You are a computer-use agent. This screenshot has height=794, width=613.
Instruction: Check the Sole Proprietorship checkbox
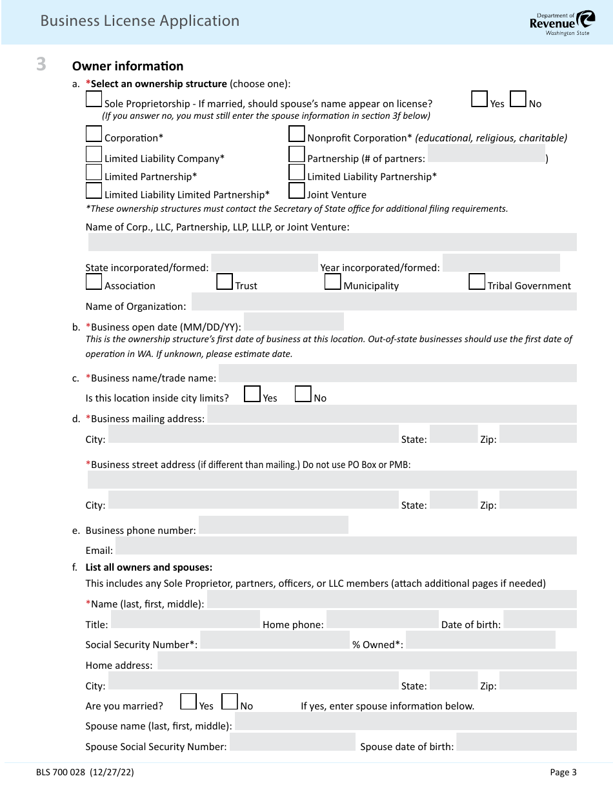pyautogui.click(x=94, y=99)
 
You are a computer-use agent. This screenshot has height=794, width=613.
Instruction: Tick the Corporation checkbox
pyautogui.click(x=94, y=134)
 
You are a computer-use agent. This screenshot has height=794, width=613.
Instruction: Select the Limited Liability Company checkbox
pyautogui.click(x=94, y=154)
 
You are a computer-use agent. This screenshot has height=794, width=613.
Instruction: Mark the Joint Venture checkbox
pyautogui.click(x=297, y=190)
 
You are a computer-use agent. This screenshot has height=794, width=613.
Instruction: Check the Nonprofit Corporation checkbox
pyautogui.click(x=297, y=134)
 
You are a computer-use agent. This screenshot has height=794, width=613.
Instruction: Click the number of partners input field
pyautogui.click(x=486, y=154)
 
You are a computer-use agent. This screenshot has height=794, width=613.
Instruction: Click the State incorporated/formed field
pyautogui.click(x=265, y=263)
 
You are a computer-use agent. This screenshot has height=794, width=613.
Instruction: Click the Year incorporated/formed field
pyautogui.click(x=501, y=263)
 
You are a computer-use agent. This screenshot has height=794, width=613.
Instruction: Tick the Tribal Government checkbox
pyautogui.click(x=477, y=282)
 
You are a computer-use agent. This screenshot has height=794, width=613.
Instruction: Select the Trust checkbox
pyautogui.click(x=225, y=282)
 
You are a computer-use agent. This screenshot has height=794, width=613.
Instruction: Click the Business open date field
pyautogui.click(x=294, y=321)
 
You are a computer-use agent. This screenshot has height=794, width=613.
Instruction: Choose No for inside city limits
pyautogui.click(x=303, y=394)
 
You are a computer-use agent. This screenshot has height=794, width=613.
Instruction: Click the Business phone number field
pyautogui.click(x=273, y=525)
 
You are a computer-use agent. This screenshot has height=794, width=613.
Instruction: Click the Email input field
pyautogui.click(x=346, y=545)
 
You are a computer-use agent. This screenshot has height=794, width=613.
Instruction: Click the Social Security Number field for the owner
pyautogui.click(x=274, y=640)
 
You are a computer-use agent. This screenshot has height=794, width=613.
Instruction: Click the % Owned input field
pyautogui.click(x=480, y=640)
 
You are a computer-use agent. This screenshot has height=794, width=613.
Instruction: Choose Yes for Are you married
pyautogui.click(x=188, y=702)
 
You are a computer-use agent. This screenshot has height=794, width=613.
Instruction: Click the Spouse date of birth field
pyautogui.click(x=516, y=742)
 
